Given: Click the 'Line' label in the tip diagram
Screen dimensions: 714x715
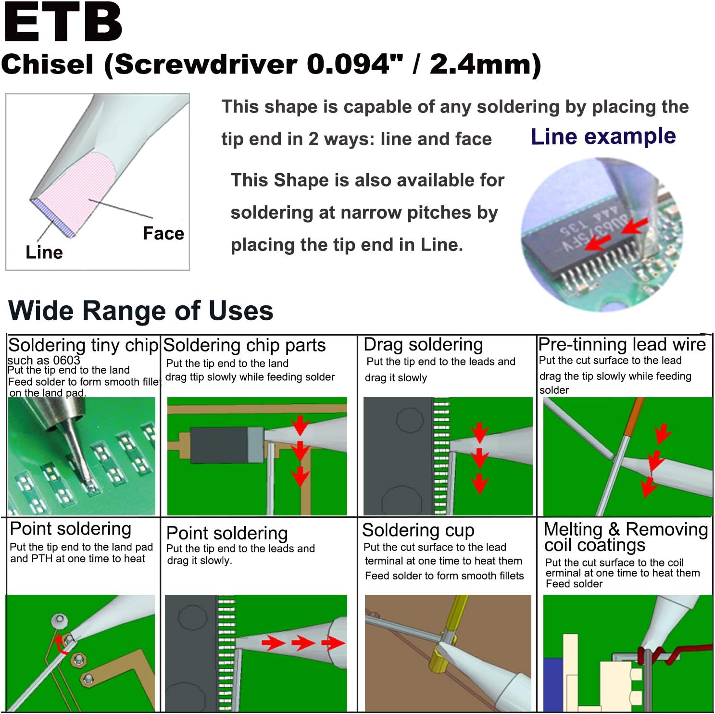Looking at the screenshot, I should pyautogui.click(x=44, y=252).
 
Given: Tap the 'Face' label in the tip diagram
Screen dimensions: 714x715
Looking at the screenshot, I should pyautogui.click(x=163, y=233).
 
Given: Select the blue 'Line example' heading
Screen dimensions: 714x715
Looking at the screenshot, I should pyautogui.click(x=603, y=137).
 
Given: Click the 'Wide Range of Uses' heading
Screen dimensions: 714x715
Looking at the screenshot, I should pyautogui.click(x=140, y=311).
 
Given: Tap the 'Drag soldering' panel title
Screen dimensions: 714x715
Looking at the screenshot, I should pyautogui.click(x=423, y=345).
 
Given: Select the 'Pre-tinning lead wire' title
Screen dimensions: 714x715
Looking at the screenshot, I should pyautogui.click(x=622, y=344).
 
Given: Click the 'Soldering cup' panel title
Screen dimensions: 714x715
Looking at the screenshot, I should pyautogui.click(x=418, y=530).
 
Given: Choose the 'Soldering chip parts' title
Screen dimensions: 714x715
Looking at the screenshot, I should pyautogui.click(x=244, y=345).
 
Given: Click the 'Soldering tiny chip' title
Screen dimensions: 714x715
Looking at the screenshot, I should pyautogui.click(x=83, y=345).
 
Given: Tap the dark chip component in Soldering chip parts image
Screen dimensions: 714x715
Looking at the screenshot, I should pyautogui.click(x=219, y=445).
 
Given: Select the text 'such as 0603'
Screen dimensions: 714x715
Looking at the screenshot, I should pyautogui.click(x=43, y=360).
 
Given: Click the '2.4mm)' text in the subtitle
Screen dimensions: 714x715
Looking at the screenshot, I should pyautogui.click(x=485, y=64).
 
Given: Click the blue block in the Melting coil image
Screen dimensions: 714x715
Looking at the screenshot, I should pyautogui.click(x=552, y=683).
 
